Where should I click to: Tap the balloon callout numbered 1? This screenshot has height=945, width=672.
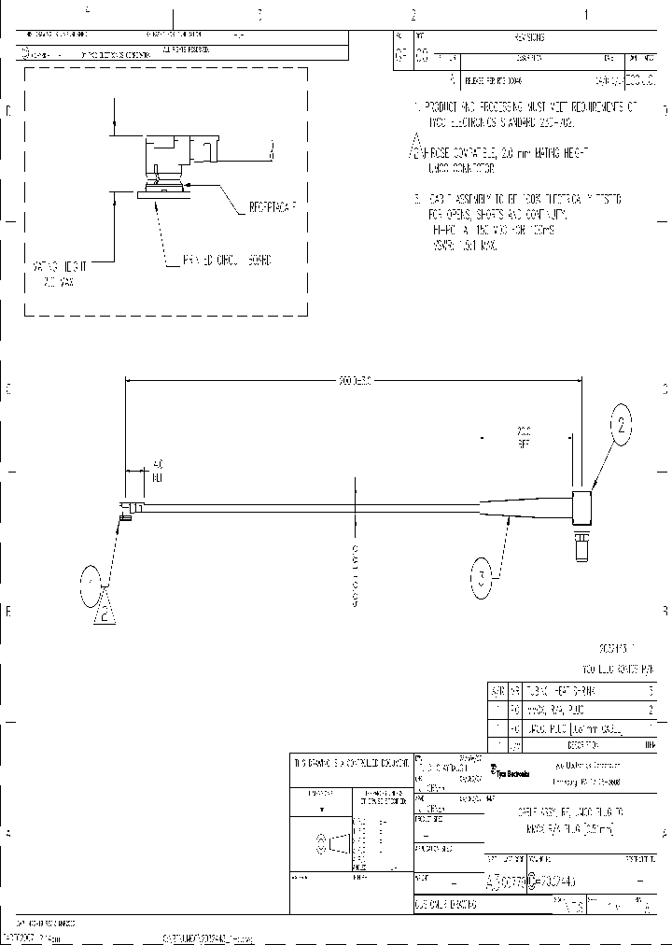[x=91, y=585]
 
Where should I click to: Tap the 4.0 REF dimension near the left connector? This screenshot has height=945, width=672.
[x=158, y=470]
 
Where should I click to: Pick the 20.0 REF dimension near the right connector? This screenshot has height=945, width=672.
[x=523, y=437]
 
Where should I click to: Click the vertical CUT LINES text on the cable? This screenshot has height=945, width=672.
[x=355, y=575]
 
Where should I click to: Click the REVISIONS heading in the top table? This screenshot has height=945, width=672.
[x=529, y=37]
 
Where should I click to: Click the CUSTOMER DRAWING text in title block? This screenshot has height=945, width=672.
[x=445, y=905]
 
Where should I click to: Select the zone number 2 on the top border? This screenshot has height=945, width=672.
[x=413, y=15]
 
